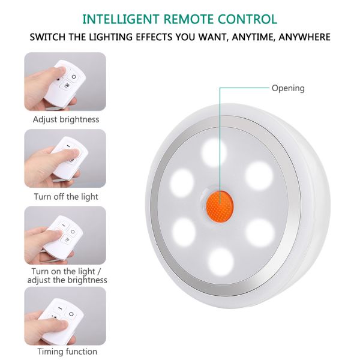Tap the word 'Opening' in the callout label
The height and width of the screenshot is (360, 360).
point(288,88)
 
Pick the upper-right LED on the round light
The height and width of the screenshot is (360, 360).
point(259,173)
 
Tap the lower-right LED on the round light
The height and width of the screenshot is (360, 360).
point(259,230)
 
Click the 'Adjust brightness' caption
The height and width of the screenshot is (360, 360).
point(66,119)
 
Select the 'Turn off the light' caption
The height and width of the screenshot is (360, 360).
point(66,196)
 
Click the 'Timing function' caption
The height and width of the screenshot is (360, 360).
point(67,351)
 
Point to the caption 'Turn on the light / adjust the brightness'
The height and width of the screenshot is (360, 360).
point(66,275)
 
